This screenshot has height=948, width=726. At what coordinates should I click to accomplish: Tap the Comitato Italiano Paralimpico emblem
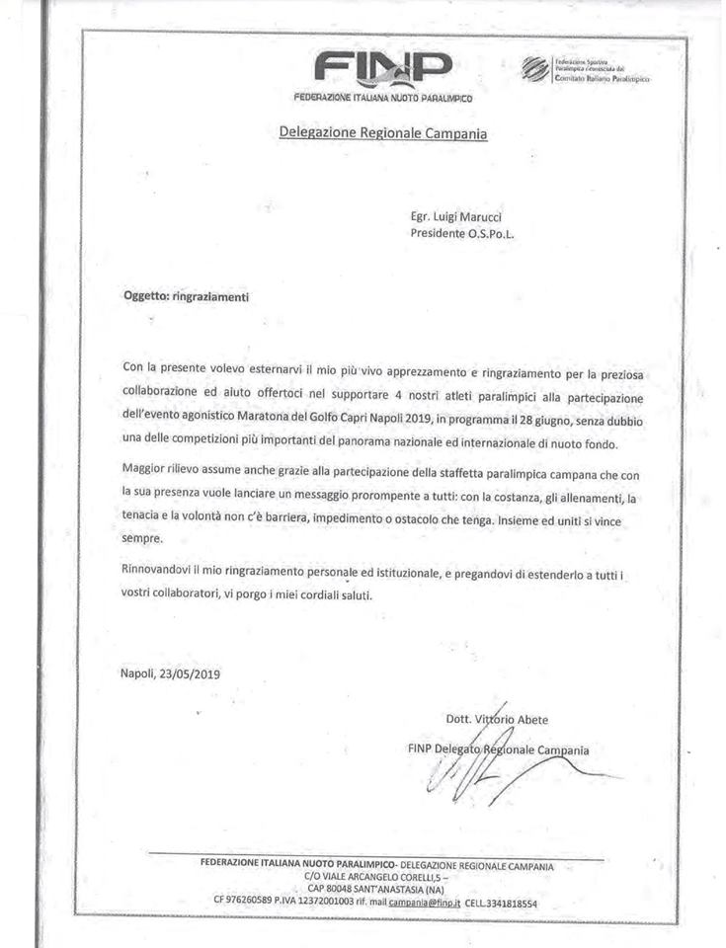(534, 68)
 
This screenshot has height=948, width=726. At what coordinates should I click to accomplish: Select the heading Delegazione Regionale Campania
(383, 131)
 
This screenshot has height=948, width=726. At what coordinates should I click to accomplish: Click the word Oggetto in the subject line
(145, 295)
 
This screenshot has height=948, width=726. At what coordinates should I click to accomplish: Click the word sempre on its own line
(142, 538)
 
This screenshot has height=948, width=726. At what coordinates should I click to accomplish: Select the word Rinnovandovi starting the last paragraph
(163, 573)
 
